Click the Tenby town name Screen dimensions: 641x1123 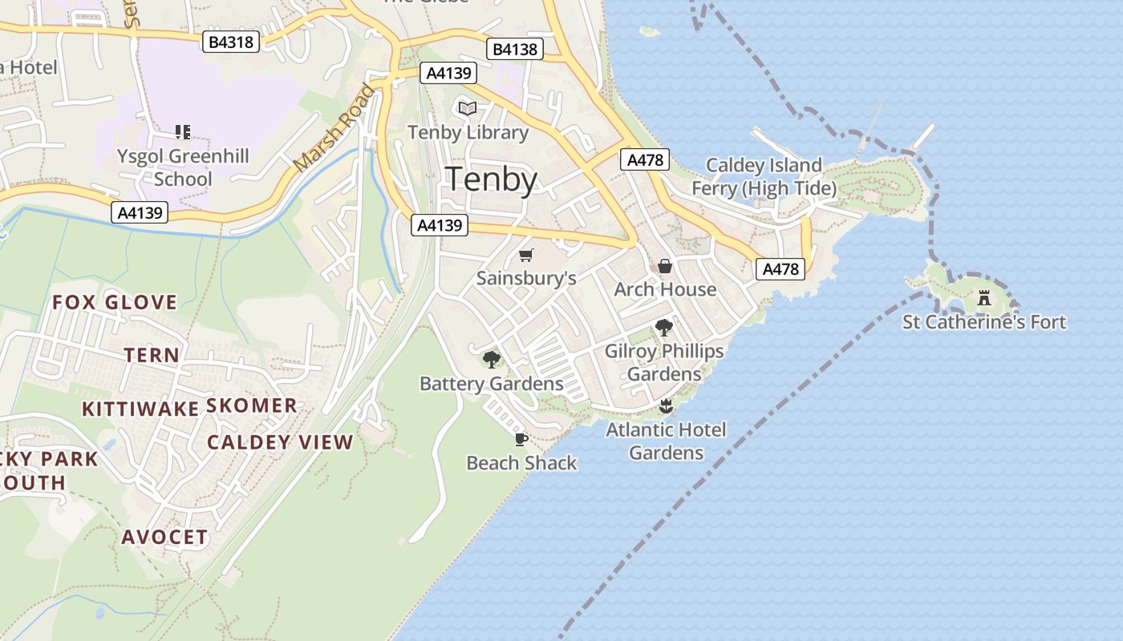[491, 179]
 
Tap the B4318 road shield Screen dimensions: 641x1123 [230, 42]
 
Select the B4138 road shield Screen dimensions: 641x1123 [514, 50]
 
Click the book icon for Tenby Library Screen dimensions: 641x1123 [468, 108]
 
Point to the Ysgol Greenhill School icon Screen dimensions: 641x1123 [183, 131]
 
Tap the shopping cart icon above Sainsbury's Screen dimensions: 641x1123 [525, 255]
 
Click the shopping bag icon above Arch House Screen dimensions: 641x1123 [665, 266]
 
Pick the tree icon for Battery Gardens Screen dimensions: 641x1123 [491, 360]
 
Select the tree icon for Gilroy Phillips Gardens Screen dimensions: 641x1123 [663, 327]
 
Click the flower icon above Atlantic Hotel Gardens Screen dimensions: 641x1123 [665, 406]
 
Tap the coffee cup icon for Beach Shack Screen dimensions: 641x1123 [521, 439]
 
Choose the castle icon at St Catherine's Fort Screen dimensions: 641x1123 [984, 299]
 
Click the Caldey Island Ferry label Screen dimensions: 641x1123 [764, 177]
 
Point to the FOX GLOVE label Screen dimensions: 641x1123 [115, 302]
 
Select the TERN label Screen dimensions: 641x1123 [152, 355]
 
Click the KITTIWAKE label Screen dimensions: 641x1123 [140, 409]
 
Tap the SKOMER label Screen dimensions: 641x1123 [252, 405]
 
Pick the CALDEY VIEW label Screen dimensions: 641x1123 [280, 442]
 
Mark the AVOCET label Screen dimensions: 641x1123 [164, 537]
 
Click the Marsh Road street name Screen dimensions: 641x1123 [333, 129]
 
